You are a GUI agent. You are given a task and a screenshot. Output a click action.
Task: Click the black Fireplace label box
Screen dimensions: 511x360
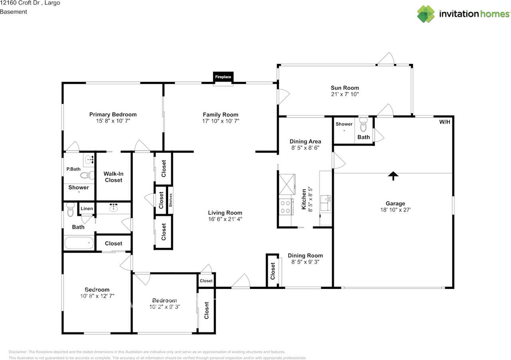[x=223, y=77]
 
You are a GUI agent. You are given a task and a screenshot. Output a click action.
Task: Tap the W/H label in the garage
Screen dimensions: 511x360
[x=445, y=122]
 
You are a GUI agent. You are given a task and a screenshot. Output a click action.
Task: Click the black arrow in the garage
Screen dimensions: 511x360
[x=393, y=176]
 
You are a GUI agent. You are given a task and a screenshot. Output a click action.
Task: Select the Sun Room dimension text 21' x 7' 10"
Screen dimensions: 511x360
[x=345, y=94]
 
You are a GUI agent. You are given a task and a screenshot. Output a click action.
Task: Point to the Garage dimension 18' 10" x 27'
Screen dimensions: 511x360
[x=395, y=209]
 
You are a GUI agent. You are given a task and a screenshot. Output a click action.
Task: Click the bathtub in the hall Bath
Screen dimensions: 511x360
[x=79, y=243]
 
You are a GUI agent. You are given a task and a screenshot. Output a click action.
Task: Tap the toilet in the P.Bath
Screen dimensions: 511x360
[x=87, y=175]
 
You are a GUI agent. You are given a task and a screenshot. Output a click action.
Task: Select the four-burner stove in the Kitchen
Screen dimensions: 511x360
[x=285, y=207]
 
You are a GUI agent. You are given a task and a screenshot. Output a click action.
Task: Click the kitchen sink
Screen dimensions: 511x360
[x=325, y=203]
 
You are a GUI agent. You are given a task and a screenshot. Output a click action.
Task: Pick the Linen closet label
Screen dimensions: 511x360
[x=87, y=209]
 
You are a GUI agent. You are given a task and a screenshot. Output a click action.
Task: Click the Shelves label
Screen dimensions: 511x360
[x=170, y=200]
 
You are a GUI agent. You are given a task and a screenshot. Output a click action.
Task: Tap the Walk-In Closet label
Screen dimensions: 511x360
[x=113, y=177]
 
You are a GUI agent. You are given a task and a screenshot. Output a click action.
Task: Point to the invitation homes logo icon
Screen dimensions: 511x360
[x=426, y=14]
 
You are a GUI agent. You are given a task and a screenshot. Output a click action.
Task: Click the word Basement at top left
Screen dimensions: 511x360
[x=14, y=12]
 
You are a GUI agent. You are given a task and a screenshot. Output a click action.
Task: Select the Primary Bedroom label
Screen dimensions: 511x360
[x=113, y=114]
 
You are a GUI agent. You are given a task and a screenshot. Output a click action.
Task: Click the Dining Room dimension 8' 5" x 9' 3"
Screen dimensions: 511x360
[x=305, y=262]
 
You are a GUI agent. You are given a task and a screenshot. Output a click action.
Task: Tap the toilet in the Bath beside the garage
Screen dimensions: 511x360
[x=363, y=125]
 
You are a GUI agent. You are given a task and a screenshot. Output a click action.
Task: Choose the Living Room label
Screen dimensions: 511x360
[x=225, y=213]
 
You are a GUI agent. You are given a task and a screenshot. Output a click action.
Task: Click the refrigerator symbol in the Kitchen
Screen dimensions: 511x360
[x=287, y=184]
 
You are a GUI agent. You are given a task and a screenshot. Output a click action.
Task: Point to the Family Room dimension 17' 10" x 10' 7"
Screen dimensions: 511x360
[x=221, y=121]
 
